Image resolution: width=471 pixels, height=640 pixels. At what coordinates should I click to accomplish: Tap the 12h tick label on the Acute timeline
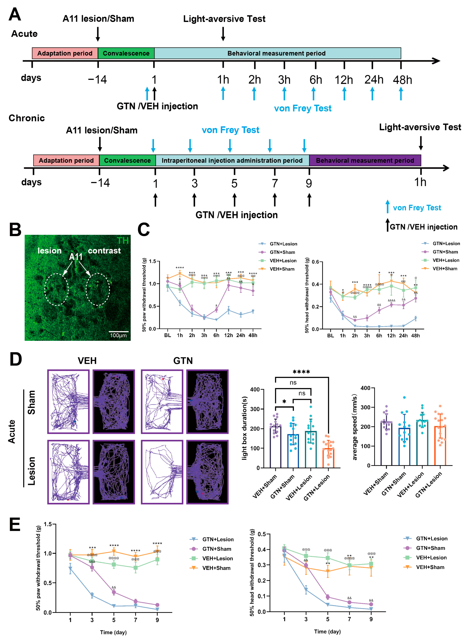[x=344, y=80]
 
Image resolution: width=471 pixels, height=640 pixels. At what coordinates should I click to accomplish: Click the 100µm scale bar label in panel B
[x=118, y=335]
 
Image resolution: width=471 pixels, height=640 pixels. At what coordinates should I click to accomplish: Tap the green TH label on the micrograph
[x=123, y=241]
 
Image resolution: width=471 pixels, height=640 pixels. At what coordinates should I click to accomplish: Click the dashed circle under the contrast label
[x=98, y=289]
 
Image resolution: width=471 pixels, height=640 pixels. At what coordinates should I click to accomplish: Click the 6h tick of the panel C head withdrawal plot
[x=379, y=336]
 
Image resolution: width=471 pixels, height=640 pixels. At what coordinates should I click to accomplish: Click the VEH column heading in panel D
[x=87, y=361]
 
